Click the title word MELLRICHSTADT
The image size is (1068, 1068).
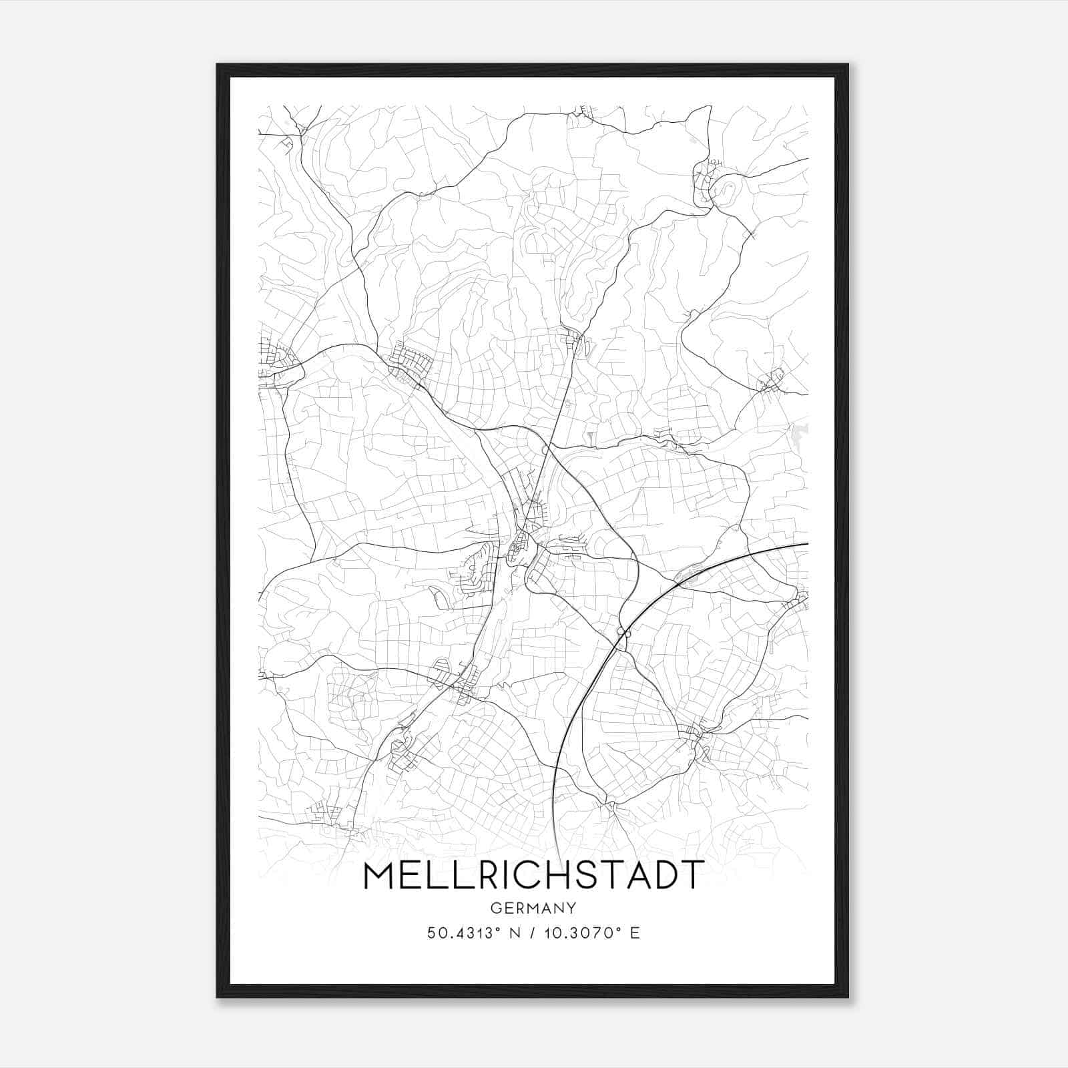(x=533, y=876)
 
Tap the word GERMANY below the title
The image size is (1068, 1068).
(x=533, y=908)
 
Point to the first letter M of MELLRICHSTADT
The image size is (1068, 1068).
(x=380, y=876)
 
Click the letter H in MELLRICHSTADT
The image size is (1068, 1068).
(x=553, y=876)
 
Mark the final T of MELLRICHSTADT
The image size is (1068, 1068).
(x=692, y=876)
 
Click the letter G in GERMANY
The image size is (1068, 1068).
(x=495, y=908)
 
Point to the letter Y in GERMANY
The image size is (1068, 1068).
(x=571, y=908)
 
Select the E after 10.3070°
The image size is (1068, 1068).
(x=635, y=932)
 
